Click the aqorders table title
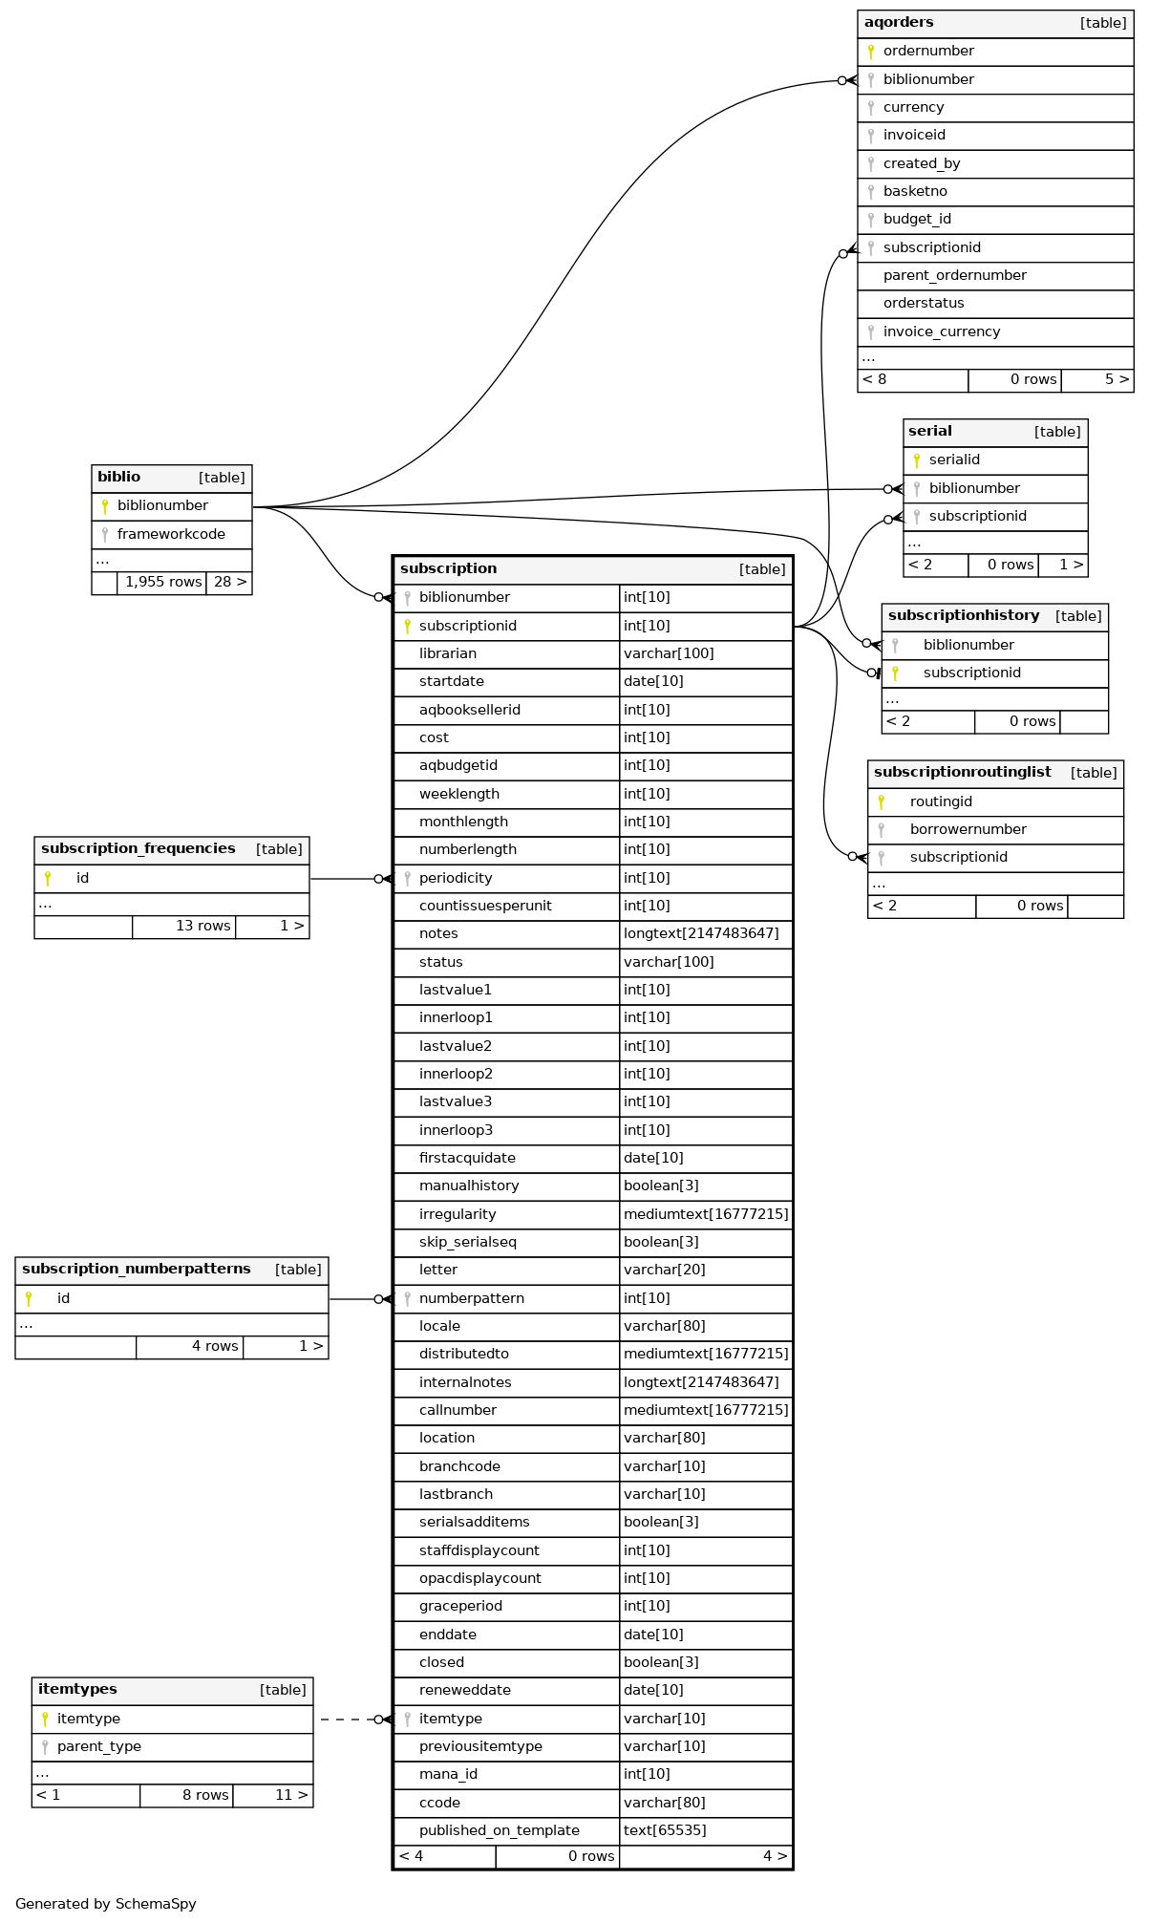pos(899,23)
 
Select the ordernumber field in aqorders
pos(928,52)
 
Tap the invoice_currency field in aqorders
pos(941,332)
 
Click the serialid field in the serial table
pos(954,460)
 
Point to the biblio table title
pos(119,478)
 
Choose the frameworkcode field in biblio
pos(171,535)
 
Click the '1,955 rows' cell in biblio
pos(162,583)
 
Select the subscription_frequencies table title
pos(138,849)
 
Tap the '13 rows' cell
pos(202,927)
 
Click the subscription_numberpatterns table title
pos(137,1270)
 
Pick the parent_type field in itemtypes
pos(98,1747)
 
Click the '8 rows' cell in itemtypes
pos(204,1796)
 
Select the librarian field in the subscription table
pos(447,654)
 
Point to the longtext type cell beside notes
pos(701,934)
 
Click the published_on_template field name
pos(499,1831)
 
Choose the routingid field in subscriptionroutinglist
pos(941,802)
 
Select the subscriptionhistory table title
pos(964,616)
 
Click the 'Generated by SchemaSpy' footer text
pos(106,1904)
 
